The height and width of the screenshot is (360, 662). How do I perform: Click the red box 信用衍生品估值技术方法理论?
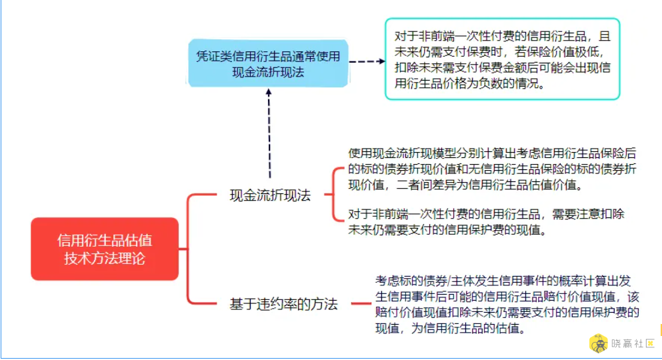[105, 249]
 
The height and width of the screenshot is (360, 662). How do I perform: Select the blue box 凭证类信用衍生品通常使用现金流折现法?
[268, 63]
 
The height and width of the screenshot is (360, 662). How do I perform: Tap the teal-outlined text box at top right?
[503, 59]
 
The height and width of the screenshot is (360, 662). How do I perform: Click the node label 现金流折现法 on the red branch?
[270, 195]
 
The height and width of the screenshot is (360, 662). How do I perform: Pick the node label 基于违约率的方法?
[284, 304]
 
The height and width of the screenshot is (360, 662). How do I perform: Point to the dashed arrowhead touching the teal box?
[382, 61]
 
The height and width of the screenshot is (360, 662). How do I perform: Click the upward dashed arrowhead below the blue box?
[269, 92]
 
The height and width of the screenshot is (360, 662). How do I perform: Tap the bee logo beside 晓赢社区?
[599, 343]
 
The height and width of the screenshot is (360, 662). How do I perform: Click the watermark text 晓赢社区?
[633, 343]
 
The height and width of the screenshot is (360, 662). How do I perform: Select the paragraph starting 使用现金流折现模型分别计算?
[492, 169]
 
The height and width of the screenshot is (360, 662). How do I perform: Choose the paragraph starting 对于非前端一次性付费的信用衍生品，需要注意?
[486, 222]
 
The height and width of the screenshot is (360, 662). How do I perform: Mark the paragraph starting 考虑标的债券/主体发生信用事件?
[507, 304]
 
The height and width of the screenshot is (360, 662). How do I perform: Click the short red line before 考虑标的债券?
[361, 303]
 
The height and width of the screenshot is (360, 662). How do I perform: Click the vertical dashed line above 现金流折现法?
[269, 136]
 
